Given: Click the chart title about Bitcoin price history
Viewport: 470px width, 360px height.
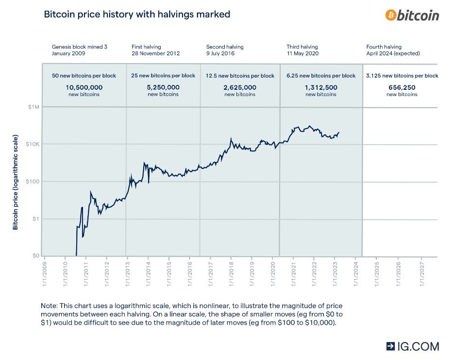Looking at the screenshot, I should click(137, 15).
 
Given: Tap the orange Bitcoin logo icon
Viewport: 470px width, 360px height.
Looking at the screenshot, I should click(390, 15).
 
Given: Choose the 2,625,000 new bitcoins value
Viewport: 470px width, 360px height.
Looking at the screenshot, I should click(240, 87).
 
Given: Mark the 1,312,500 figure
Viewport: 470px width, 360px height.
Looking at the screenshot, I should click(320, 87).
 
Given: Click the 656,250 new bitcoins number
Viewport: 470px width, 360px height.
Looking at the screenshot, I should click(402, 87).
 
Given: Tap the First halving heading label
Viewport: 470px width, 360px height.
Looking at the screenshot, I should click(147, 47).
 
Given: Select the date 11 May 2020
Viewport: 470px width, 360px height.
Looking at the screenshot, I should click(302, 53).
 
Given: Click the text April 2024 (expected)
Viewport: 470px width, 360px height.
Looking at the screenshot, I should click(393, 53).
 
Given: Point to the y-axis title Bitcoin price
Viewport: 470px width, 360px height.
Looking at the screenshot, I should click(15, 204).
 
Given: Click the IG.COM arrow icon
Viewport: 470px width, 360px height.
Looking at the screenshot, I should click(391, 346).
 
